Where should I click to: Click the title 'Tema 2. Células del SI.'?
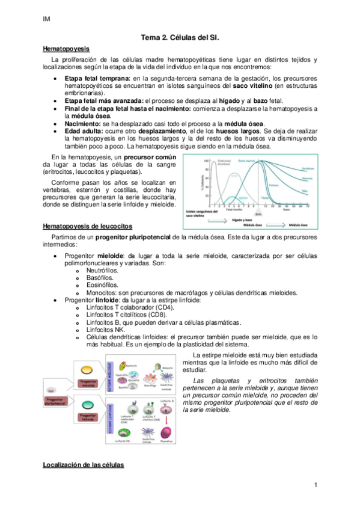click(x=180, y=37)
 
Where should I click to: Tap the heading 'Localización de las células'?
click(x=83, y=465)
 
